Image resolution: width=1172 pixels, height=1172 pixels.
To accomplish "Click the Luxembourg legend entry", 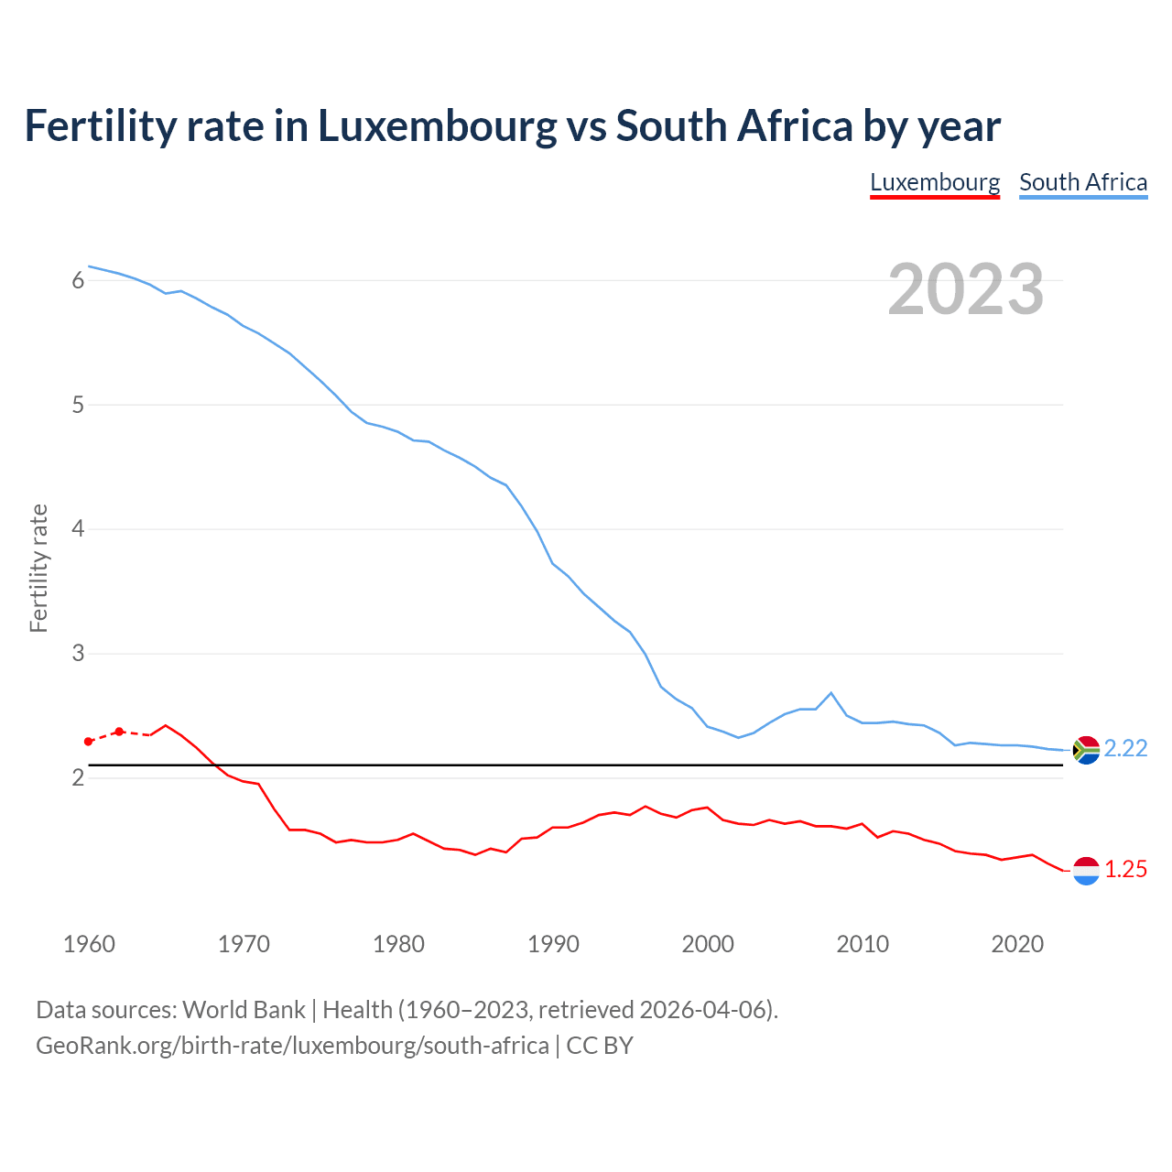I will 934,182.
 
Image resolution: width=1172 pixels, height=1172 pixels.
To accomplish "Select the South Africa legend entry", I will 1083,182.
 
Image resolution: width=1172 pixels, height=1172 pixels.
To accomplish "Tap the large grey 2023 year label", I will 965,289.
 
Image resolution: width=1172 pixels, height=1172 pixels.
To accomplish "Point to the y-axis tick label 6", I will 78,281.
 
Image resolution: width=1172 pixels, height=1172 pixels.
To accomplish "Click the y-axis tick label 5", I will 78,405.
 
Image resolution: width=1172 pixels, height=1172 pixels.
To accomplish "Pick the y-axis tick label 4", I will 78,529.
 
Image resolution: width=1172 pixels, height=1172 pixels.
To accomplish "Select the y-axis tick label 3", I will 78,654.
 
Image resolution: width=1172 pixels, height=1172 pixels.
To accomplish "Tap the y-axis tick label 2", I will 78,778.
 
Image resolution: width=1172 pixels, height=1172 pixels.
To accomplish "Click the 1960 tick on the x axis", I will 89,944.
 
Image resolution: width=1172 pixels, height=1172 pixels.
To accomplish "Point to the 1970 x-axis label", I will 244,944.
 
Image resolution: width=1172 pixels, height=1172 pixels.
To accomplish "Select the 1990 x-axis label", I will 553,944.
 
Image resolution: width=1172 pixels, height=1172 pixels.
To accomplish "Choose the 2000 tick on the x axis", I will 708,944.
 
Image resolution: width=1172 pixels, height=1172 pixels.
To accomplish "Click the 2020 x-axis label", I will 1017,944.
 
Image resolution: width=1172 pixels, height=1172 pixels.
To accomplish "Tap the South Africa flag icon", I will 1086,750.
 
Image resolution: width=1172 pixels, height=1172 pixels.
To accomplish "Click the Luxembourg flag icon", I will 1086,871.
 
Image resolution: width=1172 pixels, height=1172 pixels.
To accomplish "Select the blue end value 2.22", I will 1125,749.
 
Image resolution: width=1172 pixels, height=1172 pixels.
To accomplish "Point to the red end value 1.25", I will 1125,870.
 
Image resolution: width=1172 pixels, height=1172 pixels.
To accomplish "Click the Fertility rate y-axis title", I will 38,568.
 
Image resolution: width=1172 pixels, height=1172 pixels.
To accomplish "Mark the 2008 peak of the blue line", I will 830,692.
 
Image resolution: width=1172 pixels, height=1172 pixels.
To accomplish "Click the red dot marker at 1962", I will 119,732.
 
